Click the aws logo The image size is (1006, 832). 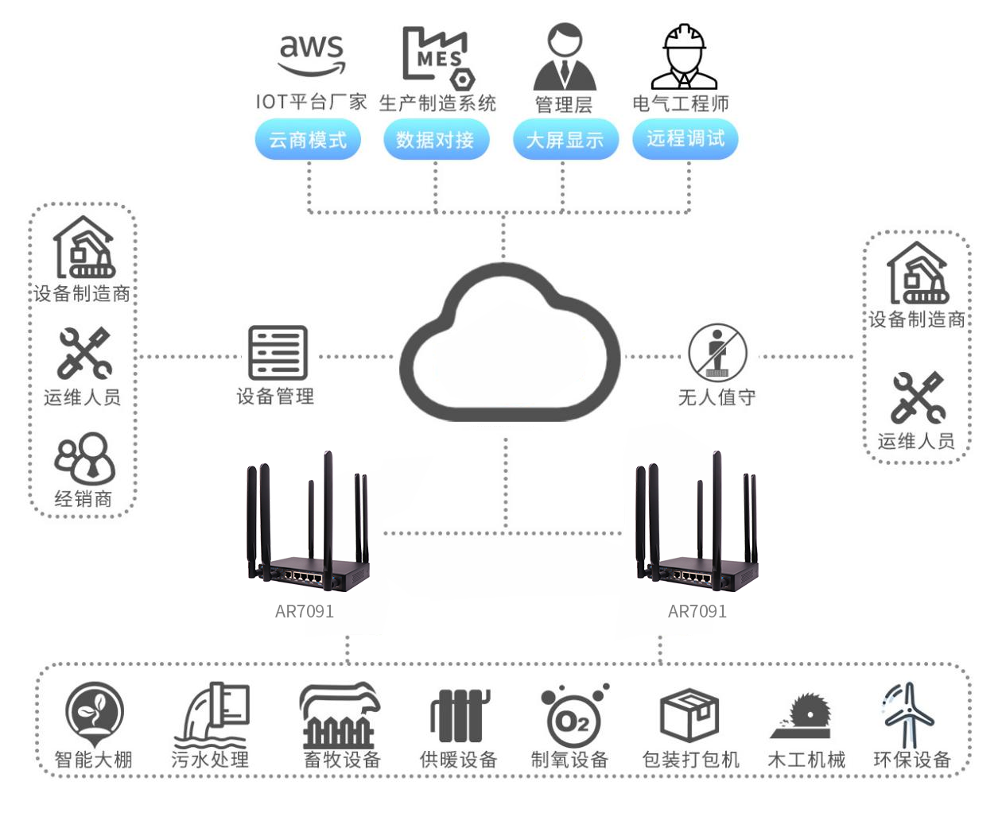(x=312, y=54)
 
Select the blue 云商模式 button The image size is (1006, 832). (x=308, y=140)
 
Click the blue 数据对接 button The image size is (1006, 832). (x=435, y=140)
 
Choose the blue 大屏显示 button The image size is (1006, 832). (x=565, y=140)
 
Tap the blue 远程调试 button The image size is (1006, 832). (x=686, y=139)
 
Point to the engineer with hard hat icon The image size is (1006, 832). (x=684, y=56)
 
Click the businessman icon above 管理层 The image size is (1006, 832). (x=564, y=56)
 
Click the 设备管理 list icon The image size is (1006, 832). (x=278, y=353)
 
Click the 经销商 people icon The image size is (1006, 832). (x=84, y=459)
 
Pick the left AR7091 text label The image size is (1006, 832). (x=305, y=611)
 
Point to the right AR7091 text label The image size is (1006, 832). (x=697, y=611)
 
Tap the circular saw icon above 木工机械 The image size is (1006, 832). (x=803, y=714)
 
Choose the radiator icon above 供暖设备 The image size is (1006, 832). (x=458, y=714)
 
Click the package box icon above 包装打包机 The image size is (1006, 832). (x=689, y=714)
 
